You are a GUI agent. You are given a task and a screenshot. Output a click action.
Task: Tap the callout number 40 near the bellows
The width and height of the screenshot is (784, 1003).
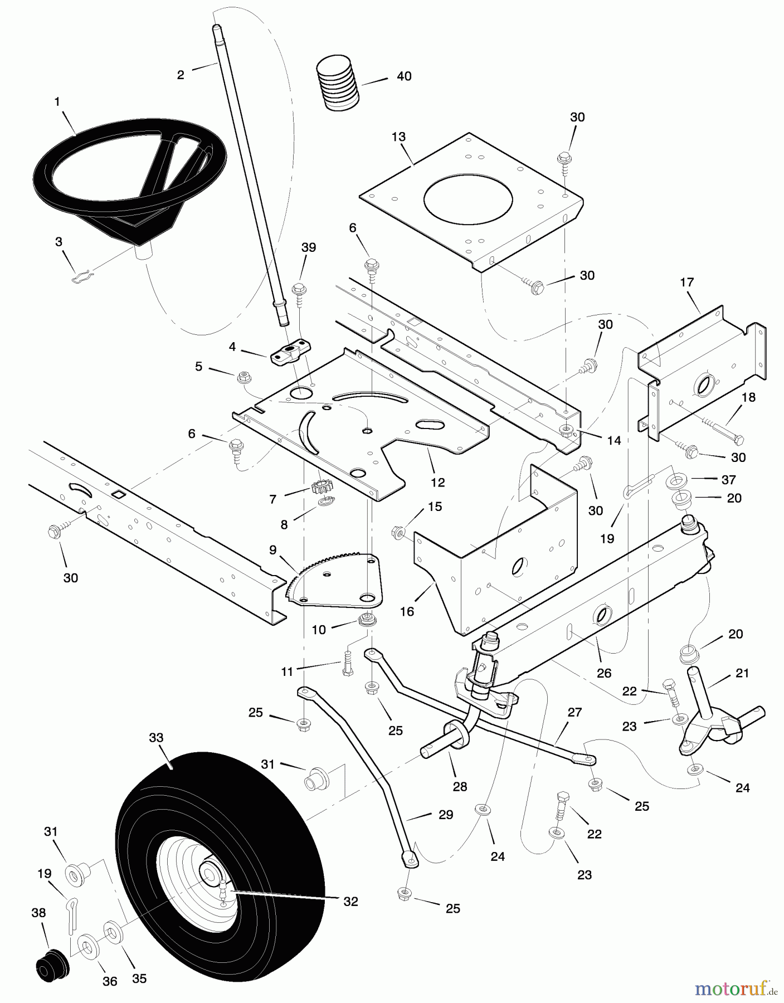404,76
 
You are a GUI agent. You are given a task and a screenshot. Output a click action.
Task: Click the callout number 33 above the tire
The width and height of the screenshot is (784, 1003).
156,738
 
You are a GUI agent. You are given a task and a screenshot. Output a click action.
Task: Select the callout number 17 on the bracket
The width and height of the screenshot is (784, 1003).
686,283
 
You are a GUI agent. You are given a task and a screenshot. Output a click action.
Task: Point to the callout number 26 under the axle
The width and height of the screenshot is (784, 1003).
603,673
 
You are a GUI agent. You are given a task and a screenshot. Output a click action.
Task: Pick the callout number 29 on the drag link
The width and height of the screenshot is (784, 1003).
445,815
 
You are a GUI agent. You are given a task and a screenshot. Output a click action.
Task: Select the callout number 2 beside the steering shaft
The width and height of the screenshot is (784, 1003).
181,75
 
